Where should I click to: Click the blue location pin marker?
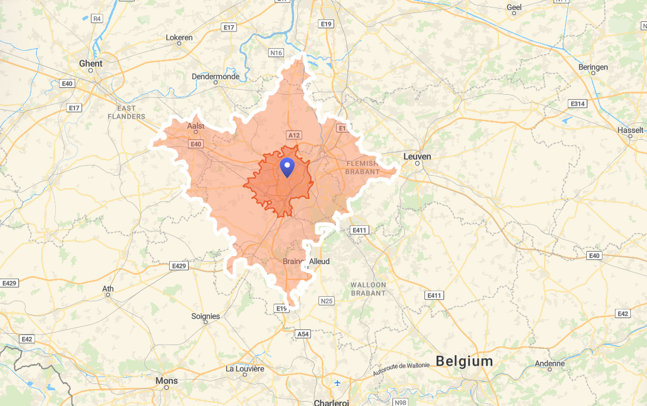287,168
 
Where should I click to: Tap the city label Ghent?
91,63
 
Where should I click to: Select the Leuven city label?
417,156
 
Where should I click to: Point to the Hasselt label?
630,130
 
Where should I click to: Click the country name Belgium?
464,361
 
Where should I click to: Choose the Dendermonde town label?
216,77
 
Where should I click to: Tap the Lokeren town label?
179,38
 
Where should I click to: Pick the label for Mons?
166,380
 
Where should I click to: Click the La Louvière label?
245,368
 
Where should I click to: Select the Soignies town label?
206,316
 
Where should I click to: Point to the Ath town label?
108,289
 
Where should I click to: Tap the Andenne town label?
549,363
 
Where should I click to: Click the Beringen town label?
593,67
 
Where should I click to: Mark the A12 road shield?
293,135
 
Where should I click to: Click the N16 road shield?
276,53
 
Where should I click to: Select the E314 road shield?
577,104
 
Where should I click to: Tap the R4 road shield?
97,19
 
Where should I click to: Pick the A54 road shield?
303,334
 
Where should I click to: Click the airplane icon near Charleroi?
338,382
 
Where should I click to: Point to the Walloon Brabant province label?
368,289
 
